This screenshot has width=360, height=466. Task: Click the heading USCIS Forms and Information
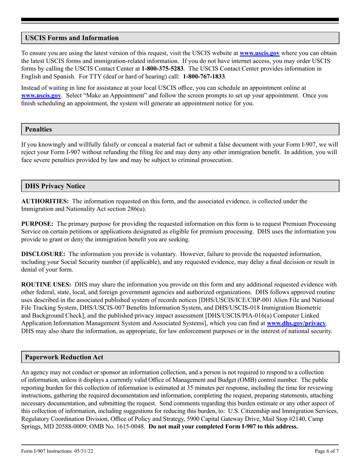[72, 38]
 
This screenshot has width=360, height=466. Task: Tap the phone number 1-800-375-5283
[163, 69]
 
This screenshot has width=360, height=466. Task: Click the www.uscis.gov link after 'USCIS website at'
[260, 53]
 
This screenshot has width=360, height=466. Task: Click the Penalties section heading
[38, 129]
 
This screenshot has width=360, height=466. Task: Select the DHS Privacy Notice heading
[55, 186]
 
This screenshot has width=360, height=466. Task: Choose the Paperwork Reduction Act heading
[64, 357]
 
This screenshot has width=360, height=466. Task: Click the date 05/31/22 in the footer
[85, 451]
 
